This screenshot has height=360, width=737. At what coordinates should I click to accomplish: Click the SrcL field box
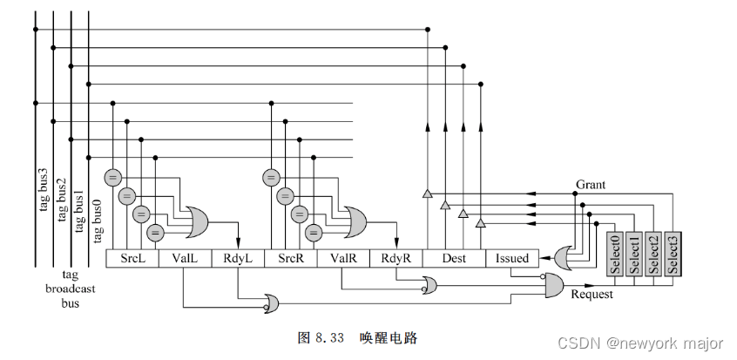click(x=133, y=258)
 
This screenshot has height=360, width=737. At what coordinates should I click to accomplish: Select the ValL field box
click(x=185, y=258)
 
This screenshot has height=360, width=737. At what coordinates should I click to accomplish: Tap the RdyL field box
click(x=237, y=258)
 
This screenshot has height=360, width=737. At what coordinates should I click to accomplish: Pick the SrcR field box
click(x=290, y=258)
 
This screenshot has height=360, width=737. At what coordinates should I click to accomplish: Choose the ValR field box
click(x=342, y=258)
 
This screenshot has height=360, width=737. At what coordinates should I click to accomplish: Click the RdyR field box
click(x=396, y=258)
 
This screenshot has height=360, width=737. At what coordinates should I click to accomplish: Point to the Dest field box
click(x=455, y=258)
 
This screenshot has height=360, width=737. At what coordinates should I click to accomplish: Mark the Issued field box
click(x=512, y=258)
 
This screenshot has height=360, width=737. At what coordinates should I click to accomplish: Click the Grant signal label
click(x=591, y=185)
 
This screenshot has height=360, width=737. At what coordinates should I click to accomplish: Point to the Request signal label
click(x=592, y=295)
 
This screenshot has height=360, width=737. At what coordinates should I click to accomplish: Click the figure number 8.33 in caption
click(x=331, y=336)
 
